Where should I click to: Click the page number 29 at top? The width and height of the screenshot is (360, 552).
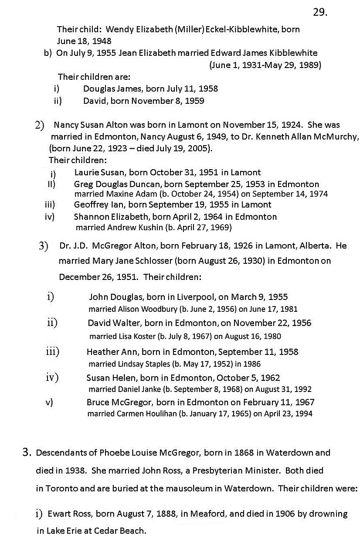click(319, 12)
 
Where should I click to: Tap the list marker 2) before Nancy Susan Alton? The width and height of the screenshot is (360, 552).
click(39, 126)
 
